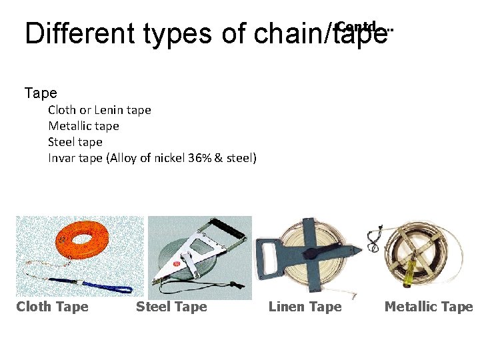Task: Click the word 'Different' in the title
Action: click(71, 33)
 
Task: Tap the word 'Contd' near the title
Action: click(357, 27)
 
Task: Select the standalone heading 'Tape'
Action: click(41, 93)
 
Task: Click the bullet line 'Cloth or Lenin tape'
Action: click(99, 110)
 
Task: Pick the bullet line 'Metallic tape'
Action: click(83, 126)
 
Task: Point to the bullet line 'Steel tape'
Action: click(75, 142)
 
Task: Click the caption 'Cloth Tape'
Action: click(52, 307)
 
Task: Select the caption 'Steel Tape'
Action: click(171, 307)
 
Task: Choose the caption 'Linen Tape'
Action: click(305, 307)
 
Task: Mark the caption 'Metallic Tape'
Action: click(429, 307)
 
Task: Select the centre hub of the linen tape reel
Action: click(310, 254)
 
